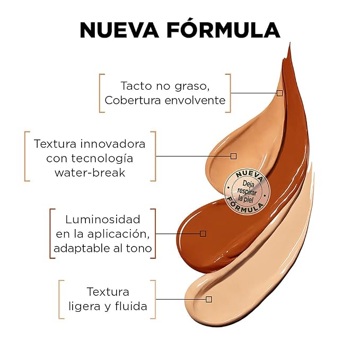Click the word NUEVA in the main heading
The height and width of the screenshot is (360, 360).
click(x=119, y=30)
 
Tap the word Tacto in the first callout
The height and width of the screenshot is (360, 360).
click(x=136, y=86)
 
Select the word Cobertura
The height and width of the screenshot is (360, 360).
click(x=133, y=100)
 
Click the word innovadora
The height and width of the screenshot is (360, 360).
click(x=113, y=144)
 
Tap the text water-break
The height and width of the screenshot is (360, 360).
click(x=90, y=173)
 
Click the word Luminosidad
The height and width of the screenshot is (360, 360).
click(x=103, y=219)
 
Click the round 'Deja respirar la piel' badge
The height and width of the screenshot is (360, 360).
click(x=247, y=192)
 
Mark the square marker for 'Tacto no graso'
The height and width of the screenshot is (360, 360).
click(x=279, y=93)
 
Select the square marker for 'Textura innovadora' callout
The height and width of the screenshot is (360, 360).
click(x=233, y=156)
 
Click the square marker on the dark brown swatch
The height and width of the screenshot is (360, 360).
click(x=203, y=234)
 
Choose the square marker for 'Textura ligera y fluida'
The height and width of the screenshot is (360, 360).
click(x=209, y=299)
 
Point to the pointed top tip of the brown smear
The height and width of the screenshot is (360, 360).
click(x=289, y=43)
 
